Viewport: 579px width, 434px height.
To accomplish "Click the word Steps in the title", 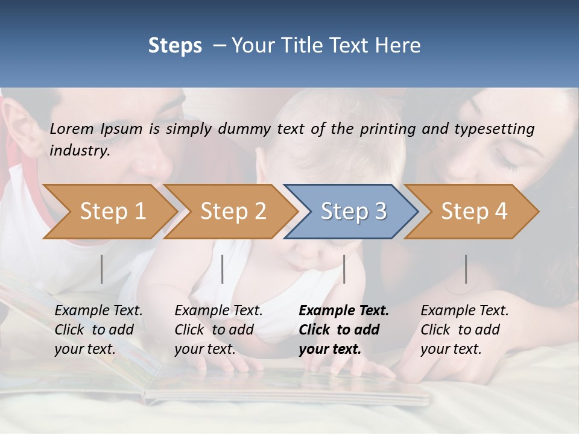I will pyautogui.click(x=175, y=46).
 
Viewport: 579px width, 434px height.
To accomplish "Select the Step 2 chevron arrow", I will pyautogui.click(x=233, y=212).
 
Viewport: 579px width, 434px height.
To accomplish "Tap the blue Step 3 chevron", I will pyautogui.click(x=353, y=212).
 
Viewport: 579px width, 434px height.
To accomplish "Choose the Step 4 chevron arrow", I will pyautogui.click(x=474, y=212).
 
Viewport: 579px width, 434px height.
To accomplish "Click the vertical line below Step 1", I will pyautogui.click(x=102, y=269).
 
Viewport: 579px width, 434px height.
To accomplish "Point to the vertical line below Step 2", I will pyautogui.click(x=223, y=269).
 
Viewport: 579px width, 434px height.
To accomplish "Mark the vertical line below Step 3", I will pyautogui.click(x=344, y=269).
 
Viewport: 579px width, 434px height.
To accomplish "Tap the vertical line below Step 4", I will pyautogui.click(x=466, y=269).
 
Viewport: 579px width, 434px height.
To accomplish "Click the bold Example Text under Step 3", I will pyautogui.click(x=344, y=330).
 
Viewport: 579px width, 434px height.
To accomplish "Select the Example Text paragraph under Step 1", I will pyautogui.click(x=98, y=330).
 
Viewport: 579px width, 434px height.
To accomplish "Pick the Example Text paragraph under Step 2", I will pyautogui.click(x=218, y=330).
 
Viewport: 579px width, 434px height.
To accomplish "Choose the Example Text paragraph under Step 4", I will pyautogui.click(x=464, y=330).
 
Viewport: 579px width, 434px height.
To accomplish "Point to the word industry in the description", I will pyautogui.click(x=79, y=151).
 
